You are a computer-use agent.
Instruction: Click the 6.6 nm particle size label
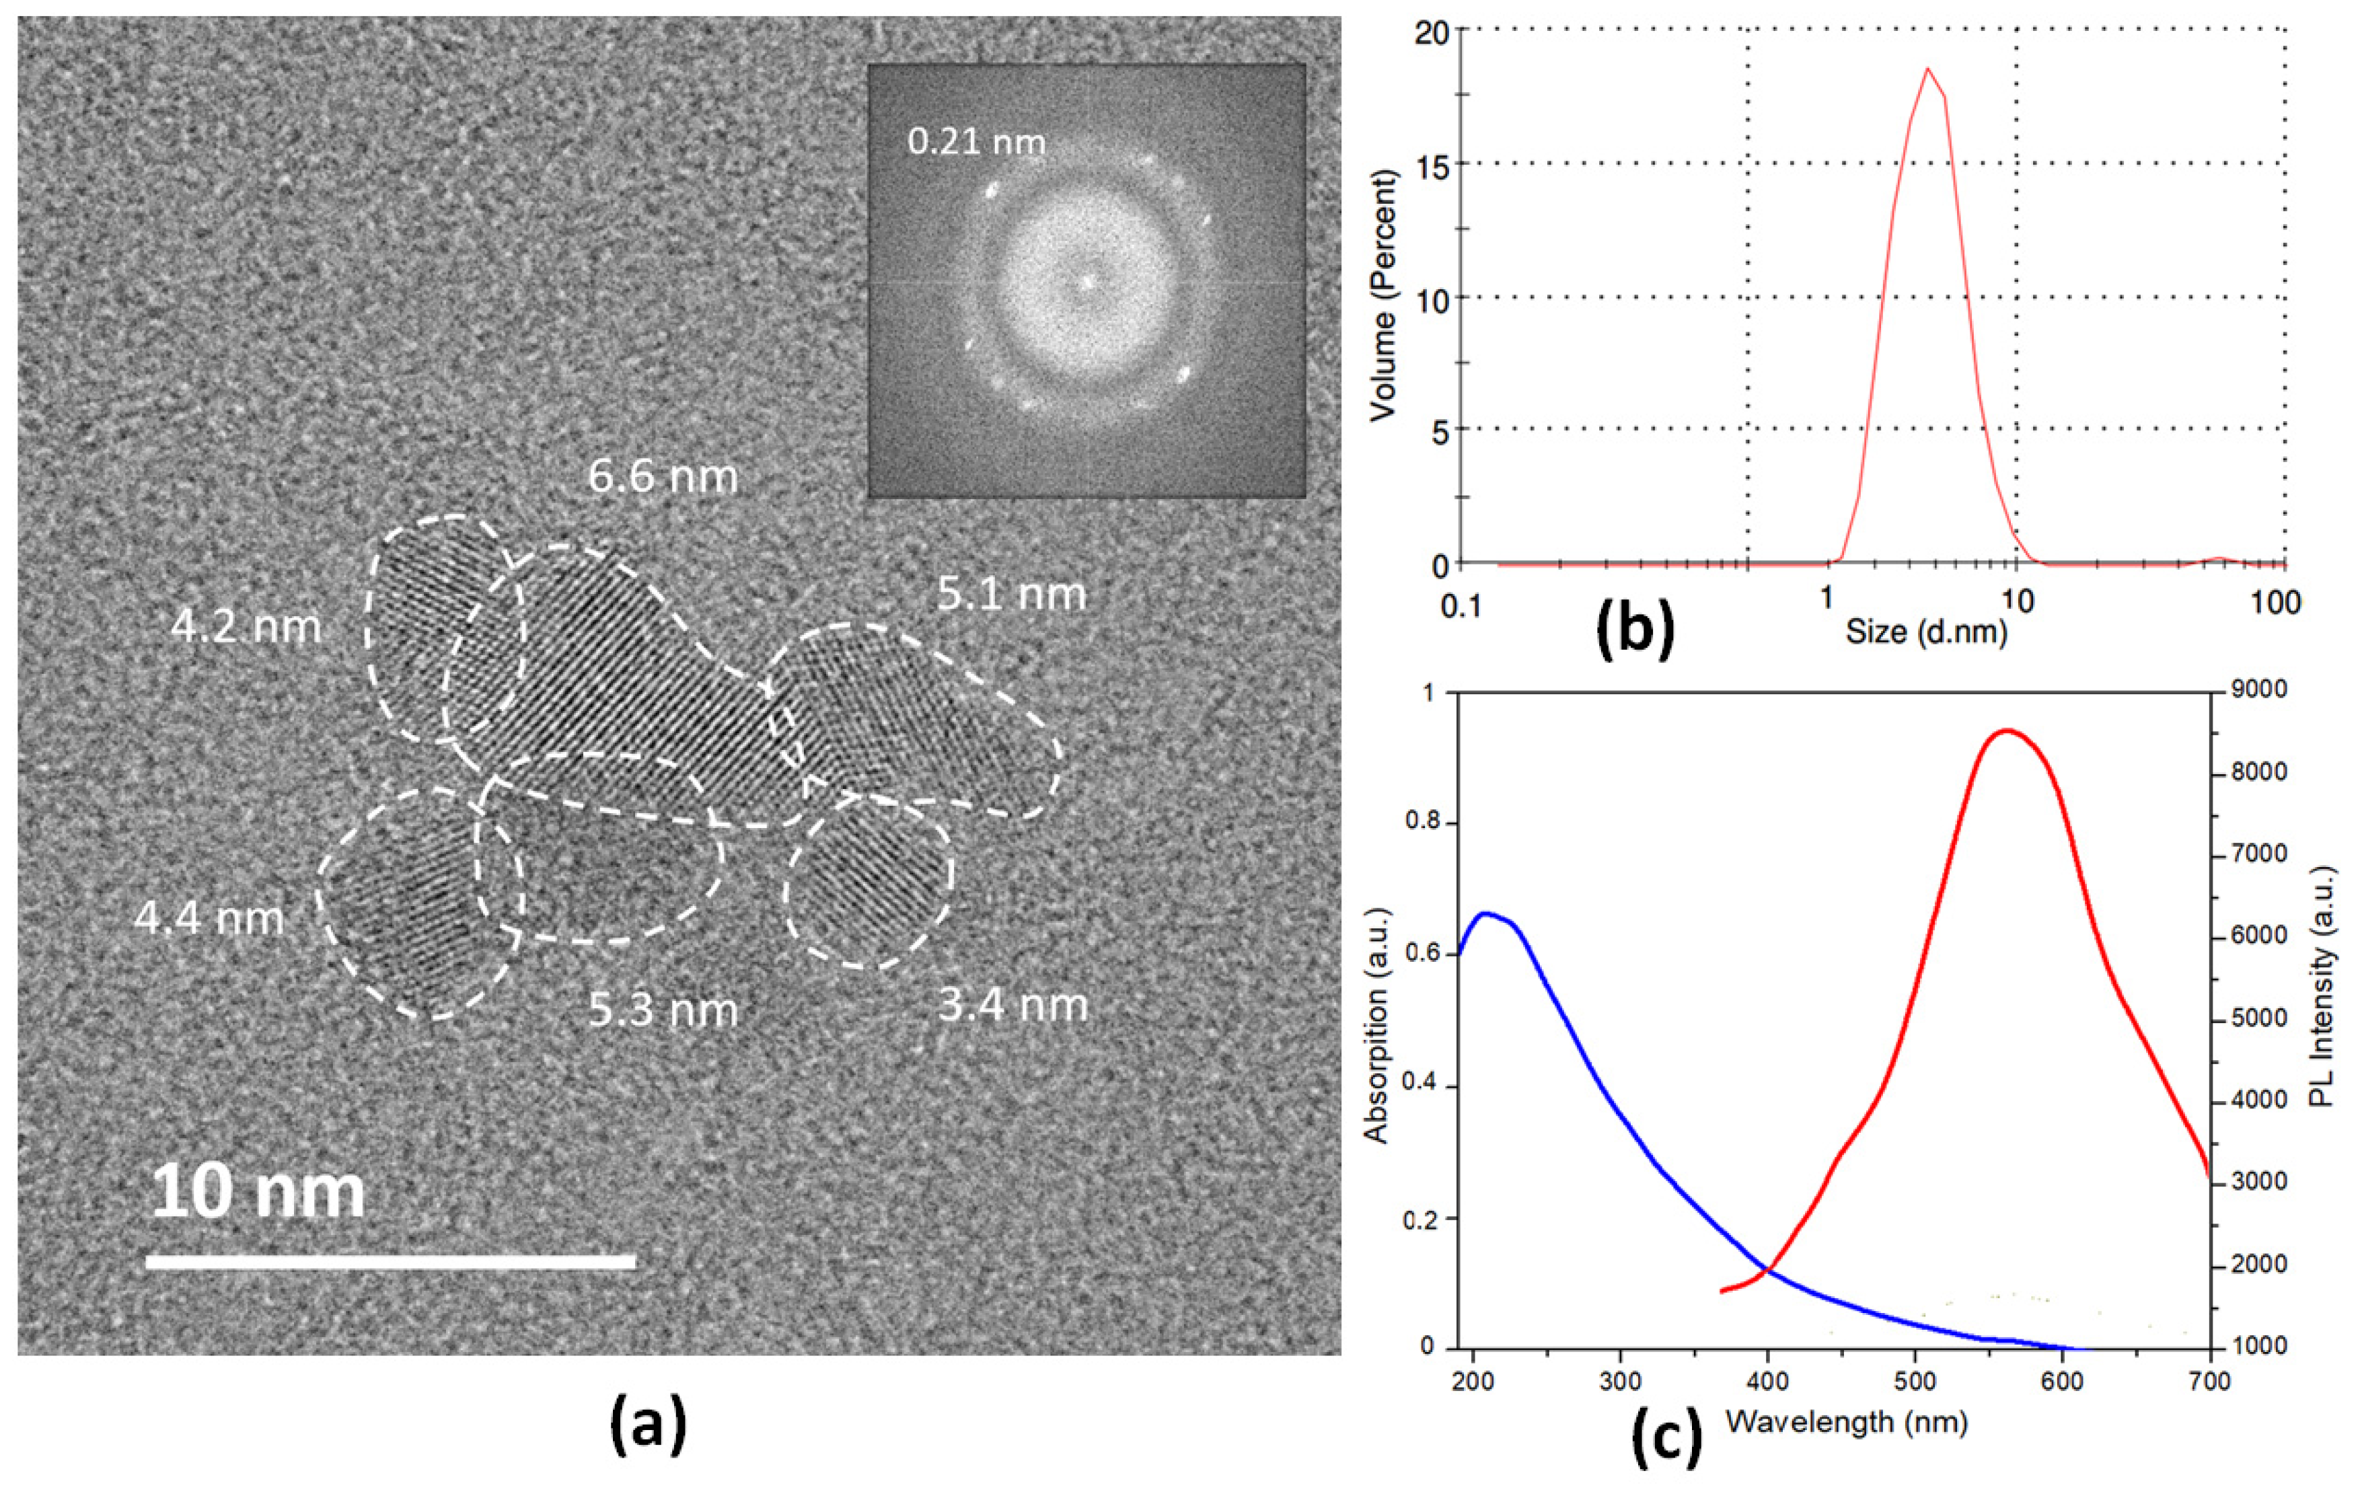(x=663, y=477)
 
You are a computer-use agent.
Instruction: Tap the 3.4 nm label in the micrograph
(x=1012, y=1005)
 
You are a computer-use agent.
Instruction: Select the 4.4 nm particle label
(x=209, y=918)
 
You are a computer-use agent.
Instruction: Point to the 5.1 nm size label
(x=1011, y=595)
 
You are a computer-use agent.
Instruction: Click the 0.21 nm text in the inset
(x=976, y=142)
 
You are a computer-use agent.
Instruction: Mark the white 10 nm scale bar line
(x=390, y=1262)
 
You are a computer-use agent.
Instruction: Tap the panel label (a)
(x=648, y=1427)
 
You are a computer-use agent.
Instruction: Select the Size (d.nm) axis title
(x=1926, y=632)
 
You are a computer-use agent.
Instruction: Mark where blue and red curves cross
(x=1768, y=1272)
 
